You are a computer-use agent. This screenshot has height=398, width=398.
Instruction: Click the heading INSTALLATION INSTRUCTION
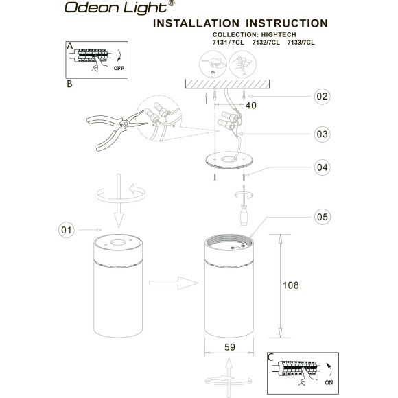(x=239, y=25)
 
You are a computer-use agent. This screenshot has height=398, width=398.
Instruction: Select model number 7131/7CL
(x=229, y=43)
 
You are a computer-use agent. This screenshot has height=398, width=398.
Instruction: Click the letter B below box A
(x=69, y=86)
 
